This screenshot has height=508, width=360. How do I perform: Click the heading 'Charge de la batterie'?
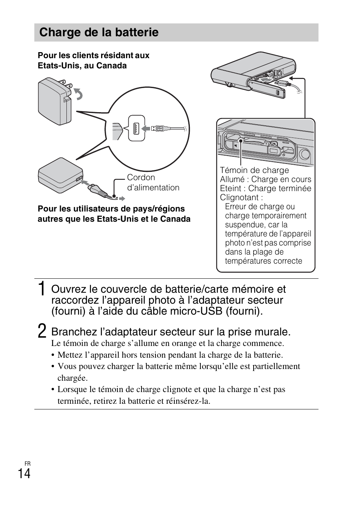click(99, 32)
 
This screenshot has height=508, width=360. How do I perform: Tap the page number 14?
click(24, 474)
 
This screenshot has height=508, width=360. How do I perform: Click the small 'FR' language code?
click(27, 463)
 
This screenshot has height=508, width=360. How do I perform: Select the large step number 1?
click(43, 289)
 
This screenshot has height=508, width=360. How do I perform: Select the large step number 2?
click(43, 331)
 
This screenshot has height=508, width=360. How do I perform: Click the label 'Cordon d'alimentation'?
click(153, 182)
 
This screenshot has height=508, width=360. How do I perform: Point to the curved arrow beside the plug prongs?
click(78, 94)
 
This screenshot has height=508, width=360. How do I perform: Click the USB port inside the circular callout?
click(136, 128)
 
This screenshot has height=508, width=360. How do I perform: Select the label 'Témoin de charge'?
click(254, 170)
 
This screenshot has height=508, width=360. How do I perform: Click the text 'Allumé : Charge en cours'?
click(266, 179)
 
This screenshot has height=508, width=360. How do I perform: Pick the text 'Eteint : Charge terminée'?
click(266, 188)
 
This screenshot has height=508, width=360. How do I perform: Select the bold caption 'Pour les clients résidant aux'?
click(94, 56)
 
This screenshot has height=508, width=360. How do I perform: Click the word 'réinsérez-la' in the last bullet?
click(188, 401)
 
